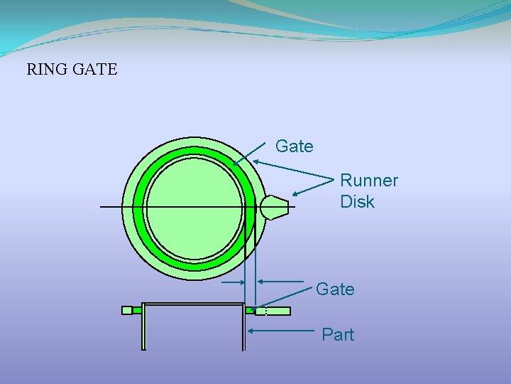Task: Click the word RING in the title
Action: [45, 70]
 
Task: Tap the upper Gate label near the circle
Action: [294, 146]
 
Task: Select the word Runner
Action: [369, 181]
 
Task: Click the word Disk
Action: [357, 202]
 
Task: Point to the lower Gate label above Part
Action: [334, 289]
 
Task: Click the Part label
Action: [338, 334]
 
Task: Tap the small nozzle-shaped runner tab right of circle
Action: [274, 206]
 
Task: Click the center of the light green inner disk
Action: [194, 206]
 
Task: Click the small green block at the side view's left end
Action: [127, 310]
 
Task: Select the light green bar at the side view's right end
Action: [278, 311]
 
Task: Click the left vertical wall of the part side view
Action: [143, 327]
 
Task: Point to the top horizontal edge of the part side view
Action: [193, 304]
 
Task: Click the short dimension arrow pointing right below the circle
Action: [233, 282]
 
